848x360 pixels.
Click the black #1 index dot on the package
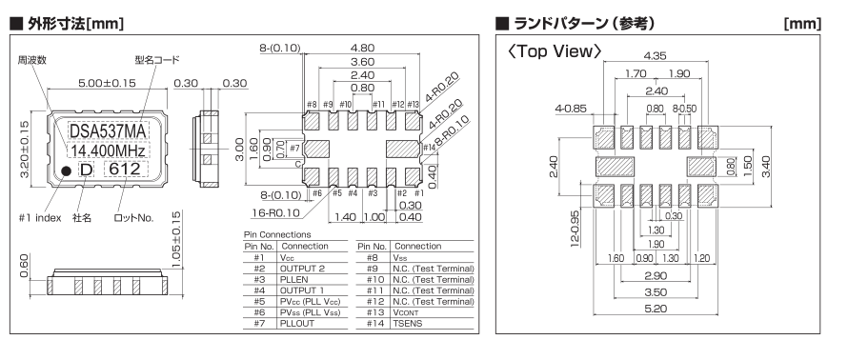click(66, 170)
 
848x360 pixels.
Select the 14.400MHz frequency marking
click(109, 150)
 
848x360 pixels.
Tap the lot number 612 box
click(126, 170)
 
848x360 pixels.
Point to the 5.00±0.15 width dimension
click(107, 83)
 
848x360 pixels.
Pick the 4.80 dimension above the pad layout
click(362, 49)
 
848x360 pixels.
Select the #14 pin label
click(429, 148)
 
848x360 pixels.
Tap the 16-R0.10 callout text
click(274, 213)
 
